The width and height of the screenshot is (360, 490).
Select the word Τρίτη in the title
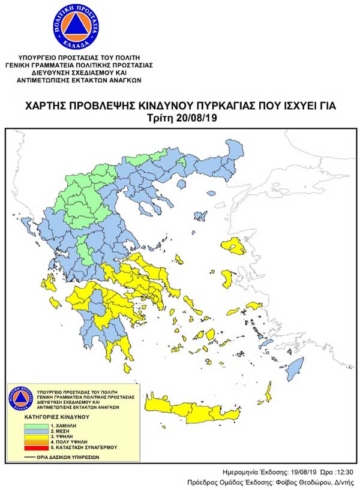[x=161, y=118]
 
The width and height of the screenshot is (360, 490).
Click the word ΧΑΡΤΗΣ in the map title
[x=47, y=106]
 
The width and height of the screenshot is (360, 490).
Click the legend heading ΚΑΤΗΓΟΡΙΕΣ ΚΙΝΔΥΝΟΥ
[x=56, y=416]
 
